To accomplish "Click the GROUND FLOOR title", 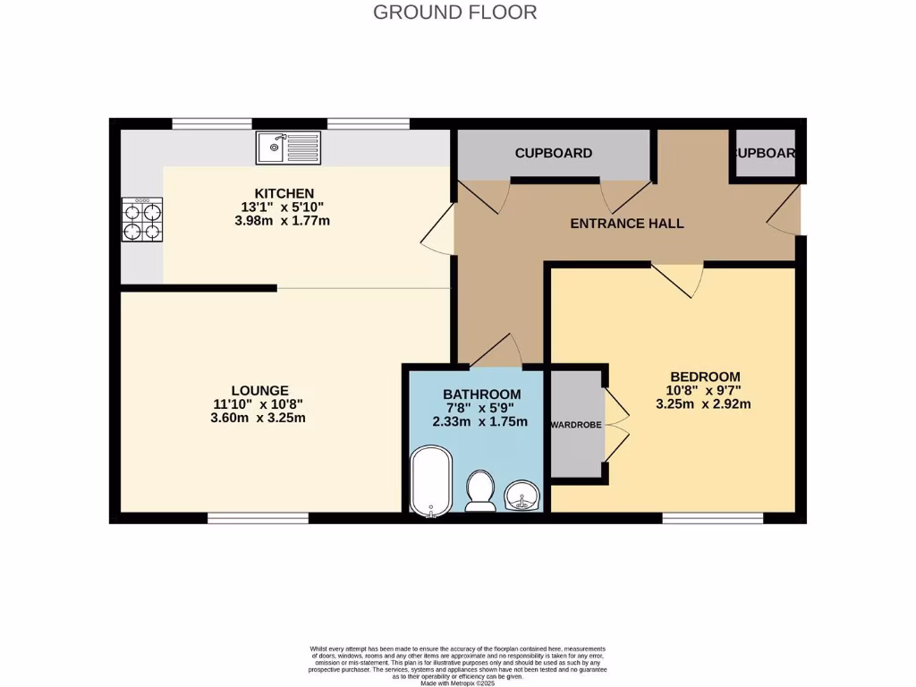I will (x=454, y=13).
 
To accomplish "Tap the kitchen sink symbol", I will (x=287, y=148).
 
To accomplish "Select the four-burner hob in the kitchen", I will (x=141, y=220).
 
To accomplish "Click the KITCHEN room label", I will (x=284, y=193).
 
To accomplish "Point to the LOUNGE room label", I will (x=259, y=390).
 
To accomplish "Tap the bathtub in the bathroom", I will (x=431, y=481).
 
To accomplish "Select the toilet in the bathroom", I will (x=481, y=491).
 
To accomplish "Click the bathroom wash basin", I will (x=522, y=494).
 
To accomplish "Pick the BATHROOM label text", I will (x=481, y=394).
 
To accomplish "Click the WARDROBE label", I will (x=575, y=424).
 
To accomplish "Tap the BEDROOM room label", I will (x=706, y=376).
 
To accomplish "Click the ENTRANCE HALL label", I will (x=627, y=223).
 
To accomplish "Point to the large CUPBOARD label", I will (x=553, y=153).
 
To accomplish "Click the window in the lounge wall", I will (x=258, y=517).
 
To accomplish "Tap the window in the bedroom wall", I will (x=712, y=517).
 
